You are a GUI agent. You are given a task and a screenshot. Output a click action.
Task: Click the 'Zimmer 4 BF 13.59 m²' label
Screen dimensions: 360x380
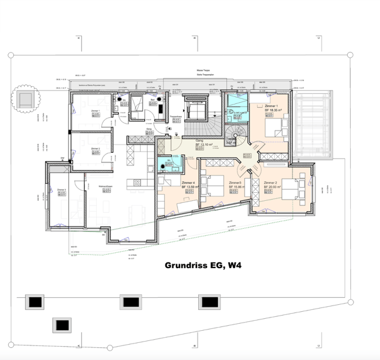pyautogui.click(x=191, y=184)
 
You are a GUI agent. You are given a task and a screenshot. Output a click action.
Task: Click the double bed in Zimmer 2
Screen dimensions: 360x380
pyautogui.click(x=292, y=190)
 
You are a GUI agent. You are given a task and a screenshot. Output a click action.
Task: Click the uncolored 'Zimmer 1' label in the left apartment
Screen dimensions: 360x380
pyautogui.click(x=96, y=112)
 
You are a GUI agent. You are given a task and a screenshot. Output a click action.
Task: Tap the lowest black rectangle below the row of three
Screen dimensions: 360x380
pyautogui.click(x=61, y=325)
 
